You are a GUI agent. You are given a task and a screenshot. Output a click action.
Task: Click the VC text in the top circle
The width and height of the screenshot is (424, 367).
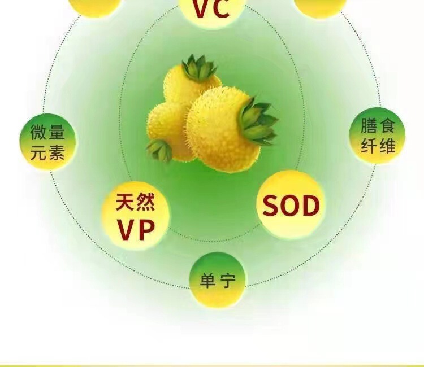point(212,8)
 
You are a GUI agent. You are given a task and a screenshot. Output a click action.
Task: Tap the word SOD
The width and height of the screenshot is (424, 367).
point(291,207)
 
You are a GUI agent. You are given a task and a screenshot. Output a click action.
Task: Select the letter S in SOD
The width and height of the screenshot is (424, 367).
point(271,207)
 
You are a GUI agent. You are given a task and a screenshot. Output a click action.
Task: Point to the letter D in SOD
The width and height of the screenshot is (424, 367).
point(310,207)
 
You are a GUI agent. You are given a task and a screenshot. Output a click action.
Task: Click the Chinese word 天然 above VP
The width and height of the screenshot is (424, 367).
point(135,202)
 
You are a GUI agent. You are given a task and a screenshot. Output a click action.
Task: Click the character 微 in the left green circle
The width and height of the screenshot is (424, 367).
point(39,134)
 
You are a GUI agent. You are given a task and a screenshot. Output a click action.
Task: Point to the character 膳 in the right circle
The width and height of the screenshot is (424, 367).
point(370,125)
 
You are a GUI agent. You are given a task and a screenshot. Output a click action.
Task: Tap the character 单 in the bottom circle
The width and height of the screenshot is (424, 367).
point(208,280)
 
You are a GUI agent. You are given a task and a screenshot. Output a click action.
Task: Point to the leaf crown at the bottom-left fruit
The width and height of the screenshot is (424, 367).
point(160,149)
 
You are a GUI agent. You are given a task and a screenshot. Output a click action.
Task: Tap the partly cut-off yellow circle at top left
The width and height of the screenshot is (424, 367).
point(95,5)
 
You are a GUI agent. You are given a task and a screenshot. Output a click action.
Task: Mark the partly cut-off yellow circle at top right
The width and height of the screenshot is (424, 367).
point(320,6)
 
